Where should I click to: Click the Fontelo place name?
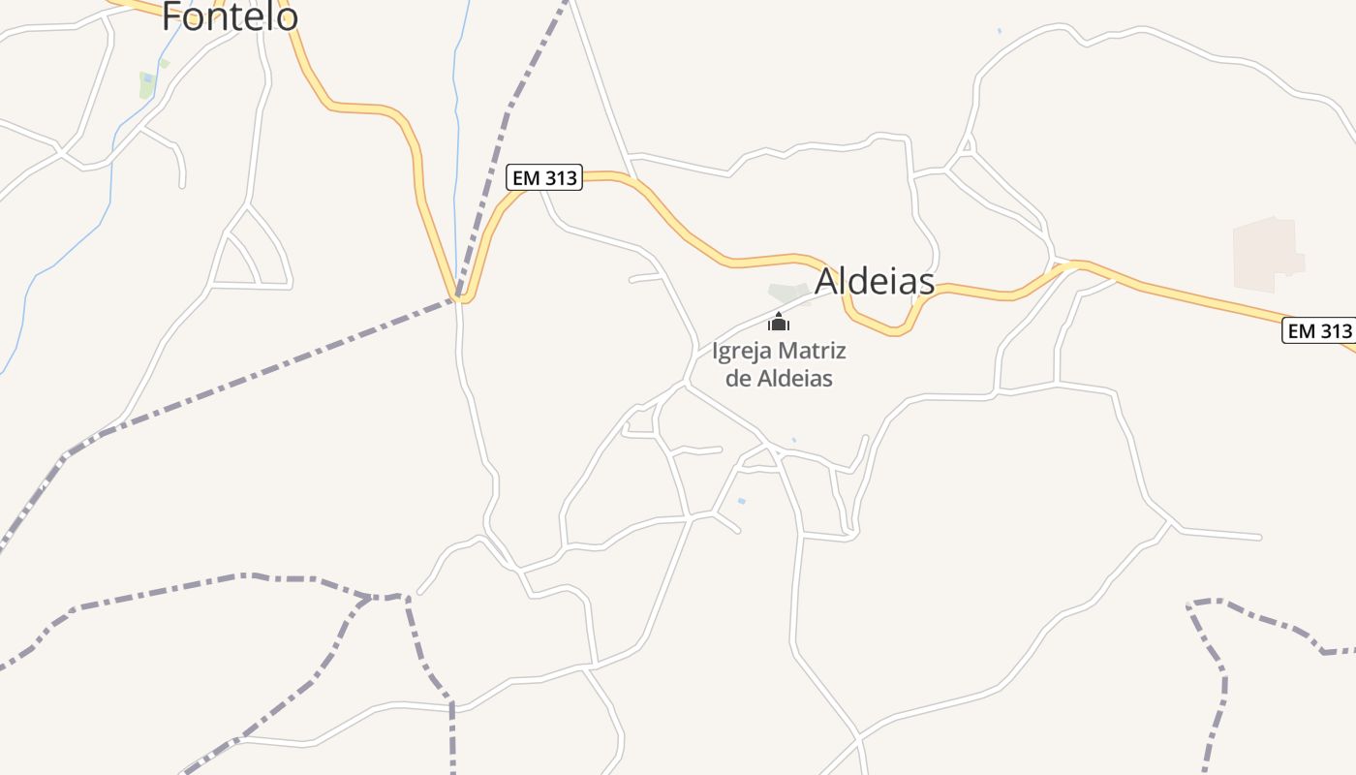tap(230, 15)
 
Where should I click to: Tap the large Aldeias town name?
tap(875, 281)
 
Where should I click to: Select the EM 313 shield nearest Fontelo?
tap(543, 177)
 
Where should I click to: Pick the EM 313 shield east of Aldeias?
tap(1318, 330)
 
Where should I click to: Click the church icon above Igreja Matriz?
tap(779, 322)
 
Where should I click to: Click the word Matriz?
tap(811, 350)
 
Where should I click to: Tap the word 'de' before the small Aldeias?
tap(737, 378)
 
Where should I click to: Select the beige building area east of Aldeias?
tap(1266, 254)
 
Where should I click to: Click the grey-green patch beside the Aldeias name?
tap(787, 292)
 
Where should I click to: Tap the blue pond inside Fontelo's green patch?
tap(147, 78)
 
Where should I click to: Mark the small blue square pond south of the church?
tap(742, 501)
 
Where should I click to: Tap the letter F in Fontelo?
tap(171, 15)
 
